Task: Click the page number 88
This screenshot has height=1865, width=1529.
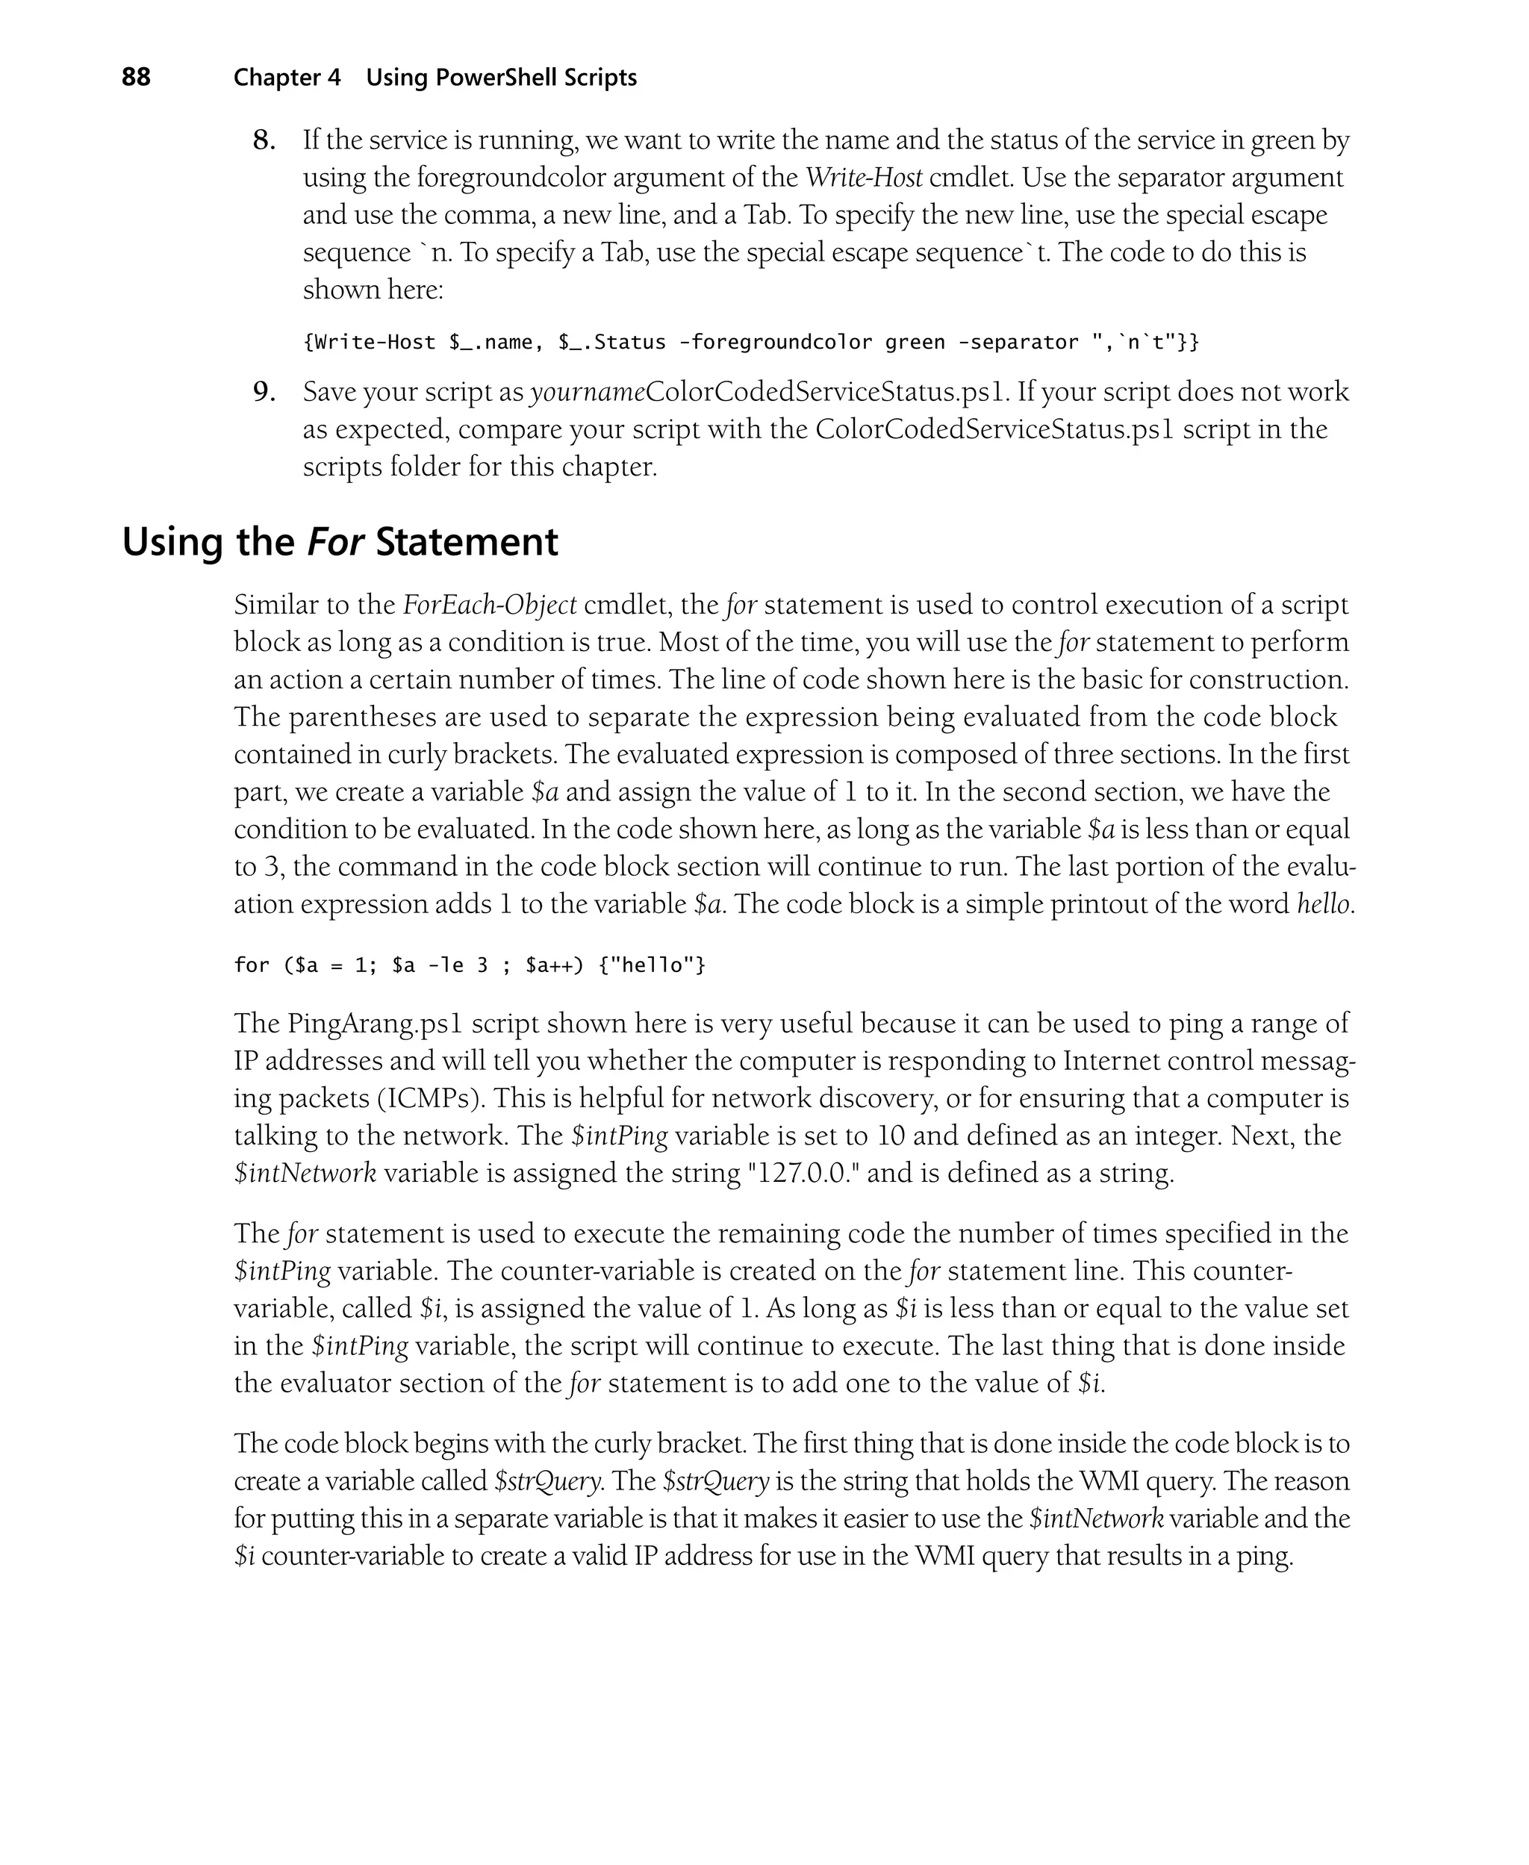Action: pyautogui.click(x=136, y=78)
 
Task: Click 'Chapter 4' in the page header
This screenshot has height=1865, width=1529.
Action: pyautogui.click(x=286, y=78)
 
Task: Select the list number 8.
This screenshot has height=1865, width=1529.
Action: pyautogui.click(x=264, y=140)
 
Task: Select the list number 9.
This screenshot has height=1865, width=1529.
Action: pyautogui.click(x=264, y=392)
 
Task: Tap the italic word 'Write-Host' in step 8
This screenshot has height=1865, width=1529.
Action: pyautogui.click(x=864, y=178)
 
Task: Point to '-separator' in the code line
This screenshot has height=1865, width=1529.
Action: pyautogui.click(x=1018, y=342)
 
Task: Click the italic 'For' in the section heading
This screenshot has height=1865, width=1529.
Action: pyautogui.click(x=335, y=541)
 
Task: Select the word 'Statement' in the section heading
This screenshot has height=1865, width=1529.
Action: pyautogui.click(x=467, y=541)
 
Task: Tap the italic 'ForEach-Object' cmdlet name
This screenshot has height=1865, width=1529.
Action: pyautogui.click(x=490, y=605)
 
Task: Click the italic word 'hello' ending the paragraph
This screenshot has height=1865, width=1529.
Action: pyautogui.click(x=1324, y=904)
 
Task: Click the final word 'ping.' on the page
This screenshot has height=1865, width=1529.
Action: pyautogui.click(x=1265, y=1556)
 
